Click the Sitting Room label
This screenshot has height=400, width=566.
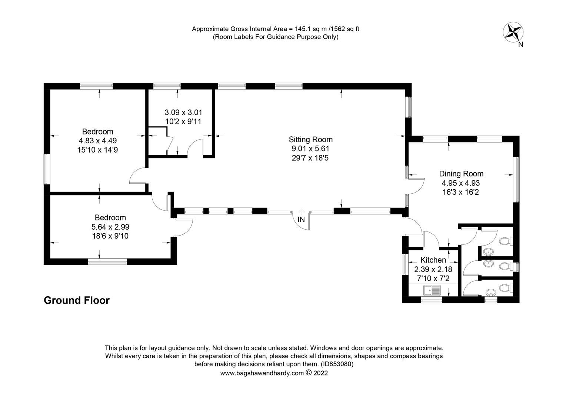310,140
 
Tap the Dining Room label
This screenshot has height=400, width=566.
461,174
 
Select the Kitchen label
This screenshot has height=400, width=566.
433,260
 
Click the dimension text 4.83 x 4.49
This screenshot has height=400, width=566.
98,141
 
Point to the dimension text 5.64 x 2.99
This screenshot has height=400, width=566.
110,227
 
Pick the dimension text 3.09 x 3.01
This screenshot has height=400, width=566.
183,112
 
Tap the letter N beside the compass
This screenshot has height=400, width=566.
520,45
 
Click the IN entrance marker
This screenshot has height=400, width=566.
301,220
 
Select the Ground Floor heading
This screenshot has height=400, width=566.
77,300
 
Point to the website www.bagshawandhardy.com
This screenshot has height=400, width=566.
262,373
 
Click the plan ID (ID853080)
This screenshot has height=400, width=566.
337,364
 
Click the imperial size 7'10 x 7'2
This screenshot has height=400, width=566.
433,278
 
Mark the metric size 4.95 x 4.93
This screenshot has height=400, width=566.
461,183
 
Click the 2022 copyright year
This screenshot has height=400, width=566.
321,373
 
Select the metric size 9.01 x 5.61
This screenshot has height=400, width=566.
310,149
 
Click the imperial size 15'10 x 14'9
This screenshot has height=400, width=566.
98,150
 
